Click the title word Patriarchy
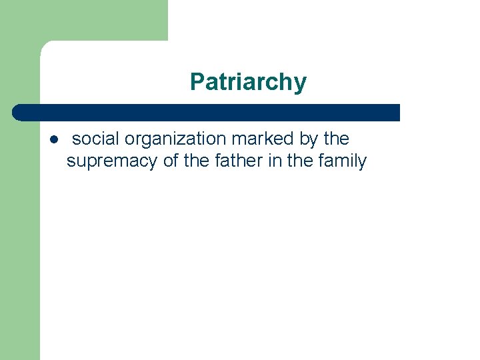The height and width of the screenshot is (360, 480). tap(248, 82)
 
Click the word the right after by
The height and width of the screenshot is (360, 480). tap(336, 139)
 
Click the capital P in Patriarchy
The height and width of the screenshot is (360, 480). tap(197, 82)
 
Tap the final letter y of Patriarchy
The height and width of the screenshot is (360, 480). tap(301, 84)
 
